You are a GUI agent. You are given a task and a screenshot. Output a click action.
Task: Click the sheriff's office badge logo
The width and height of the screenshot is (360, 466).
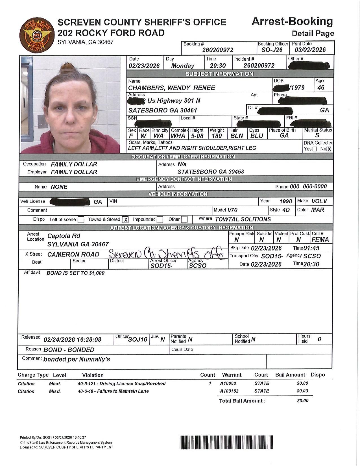point(36,36)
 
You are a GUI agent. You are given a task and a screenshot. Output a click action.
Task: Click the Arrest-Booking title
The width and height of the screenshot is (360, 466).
point(292,21)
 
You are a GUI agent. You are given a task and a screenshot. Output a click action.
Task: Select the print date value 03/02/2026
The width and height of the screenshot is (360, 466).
point(310,50)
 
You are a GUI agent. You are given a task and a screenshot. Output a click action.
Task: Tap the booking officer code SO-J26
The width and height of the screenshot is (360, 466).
point(272,50)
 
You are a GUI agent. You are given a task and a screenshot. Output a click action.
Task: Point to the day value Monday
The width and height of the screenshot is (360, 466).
point(183,66)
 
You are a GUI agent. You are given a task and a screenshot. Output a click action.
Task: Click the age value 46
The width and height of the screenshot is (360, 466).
point(321,88)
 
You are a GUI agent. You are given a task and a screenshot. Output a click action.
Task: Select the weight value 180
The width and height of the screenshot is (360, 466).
point(217,136)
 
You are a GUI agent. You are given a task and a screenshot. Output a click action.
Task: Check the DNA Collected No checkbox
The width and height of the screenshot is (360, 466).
point(329,149)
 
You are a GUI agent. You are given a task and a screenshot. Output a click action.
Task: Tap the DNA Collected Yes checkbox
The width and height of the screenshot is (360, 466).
point(315,149)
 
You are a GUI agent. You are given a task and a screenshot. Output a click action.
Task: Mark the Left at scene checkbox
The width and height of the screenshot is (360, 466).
point(81,219)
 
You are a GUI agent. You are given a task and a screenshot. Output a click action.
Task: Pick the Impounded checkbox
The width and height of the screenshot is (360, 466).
point(160,219)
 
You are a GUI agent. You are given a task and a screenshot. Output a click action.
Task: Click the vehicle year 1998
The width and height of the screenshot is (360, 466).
point(285,201)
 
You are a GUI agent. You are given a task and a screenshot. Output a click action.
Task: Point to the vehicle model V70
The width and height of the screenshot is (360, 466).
point(233,210)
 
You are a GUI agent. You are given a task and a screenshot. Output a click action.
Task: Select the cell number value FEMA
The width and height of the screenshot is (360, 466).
point(320,240)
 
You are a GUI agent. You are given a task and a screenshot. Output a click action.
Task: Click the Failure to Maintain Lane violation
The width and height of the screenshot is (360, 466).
point(113,391)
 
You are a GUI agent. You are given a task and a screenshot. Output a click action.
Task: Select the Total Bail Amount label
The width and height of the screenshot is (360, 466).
point(242,401)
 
